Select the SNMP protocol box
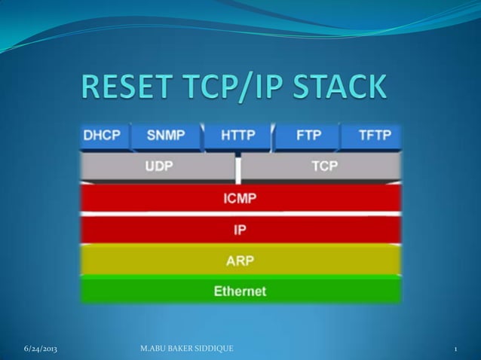coord(166,137)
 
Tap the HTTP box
coord(237,137)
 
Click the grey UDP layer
coord(158,166)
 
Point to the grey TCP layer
coord(323,166)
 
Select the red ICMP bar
coord(240,198)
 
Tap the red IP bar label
coord(240,229)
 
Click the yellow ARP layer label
coord(240,261)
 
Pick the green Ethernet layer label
coord(240,290)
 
